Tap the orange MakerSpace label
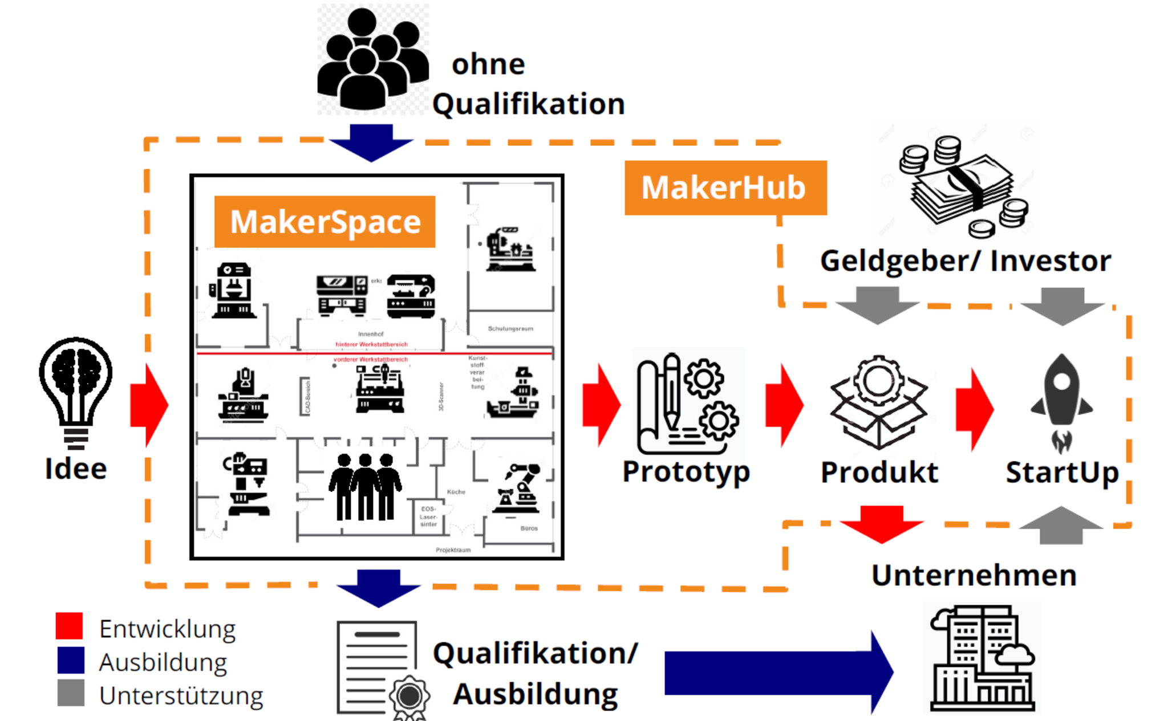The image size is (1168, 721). click(x=325, y=222)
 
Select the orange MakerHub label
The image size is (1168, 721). click(x=725, y=188)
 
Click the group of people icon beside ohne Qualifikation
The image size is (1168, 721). click(x=372, y=59)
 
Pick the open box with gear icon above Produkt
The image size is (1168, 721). click(x=879, y=402)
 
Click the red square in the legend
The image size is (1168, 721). click(x=70, y=626)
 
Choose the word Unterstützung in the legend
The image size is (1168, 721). click(x=181, y=696)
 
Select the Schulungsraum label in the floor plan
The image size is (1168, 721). click(x=510, y=329)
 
